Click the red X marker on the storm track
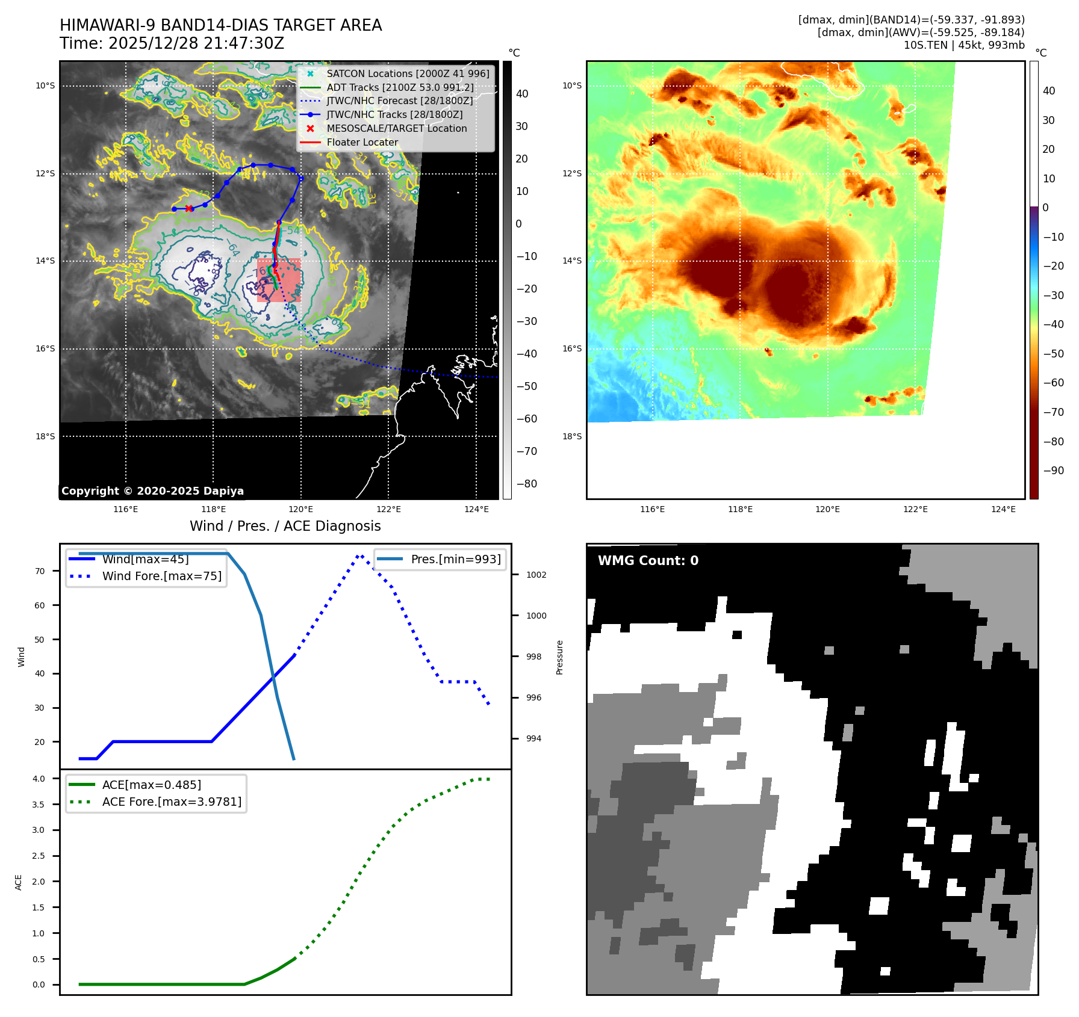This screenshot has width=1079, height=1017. tap(189, 209)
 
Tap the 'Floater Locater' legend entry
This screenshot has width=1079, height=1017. tap(362, 143)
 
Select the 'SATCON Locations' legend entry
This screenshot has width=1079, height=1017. tap(408, 73)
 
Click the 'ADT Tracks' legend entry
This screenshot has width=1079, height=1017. tap(400, 87)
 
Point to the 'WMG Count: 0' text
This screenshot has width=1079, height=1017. tap(648, 561)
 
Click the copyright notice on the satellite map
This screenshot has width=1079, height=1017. tap(152, 491)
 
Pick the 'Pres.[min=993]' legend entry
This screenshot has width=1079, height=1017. tap(455, 559)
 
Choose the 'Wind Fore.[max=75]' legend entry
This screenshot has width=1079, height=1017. tap(161, 576)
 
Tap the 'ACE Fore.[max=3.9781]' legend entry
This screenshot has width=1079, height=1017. tap(172, 802)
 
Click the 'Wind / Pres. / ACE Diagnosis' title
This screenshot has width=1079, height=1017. tap(285, 526)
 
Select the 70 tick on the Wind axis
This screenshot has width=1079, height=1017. tap(40, 571)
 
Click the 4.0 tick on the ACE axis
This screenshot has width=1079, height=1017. tap(39, 779)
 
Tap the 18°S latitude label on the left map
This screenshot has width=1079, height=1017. tap(45, 436)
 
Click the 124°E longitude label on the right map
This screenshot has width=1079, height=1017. tap(1003, 509)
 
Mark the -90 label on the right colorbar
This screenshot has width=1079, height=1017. tap(1053, 471)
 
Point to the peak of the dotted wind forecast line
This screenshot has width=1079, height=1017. tap(359, 555)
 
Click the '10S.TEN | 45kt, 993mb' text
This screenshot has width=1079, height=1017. tap(963, 45)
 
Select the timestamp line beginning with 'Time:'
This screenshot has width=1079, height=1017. tap(172, 43)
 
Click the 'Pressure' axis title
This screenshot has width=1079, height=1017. tap(559, 657)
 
